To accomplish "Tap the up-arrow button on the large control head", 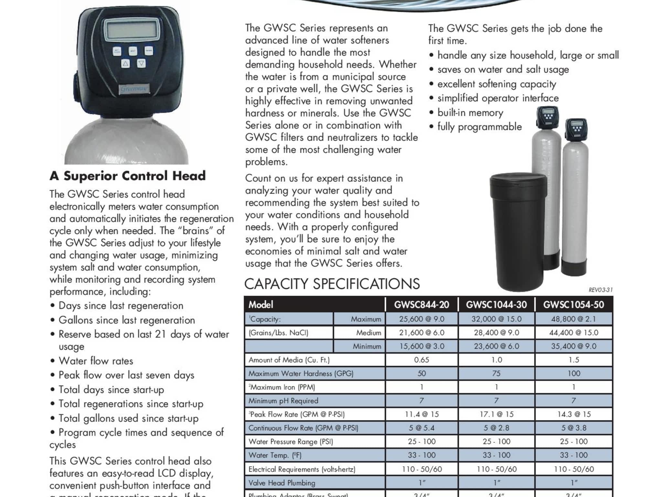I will pos(125,63).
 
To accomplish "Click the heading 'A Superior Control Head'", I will pos(128,176).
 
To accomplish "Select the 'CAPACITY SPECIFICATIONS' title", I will pos(332,284).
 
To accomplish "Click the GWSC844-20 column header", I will pos(422,305).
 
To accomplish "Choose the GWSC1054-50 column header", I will pos(573,305).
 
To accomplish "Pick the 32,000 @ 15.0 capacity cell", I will pos(496,319).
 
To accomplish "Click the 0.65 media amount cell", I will pos(422,360).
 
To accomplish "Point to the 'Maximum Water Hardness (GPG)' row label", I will pos(301,373).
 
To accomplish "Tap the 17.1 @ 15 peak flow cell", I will pos(496,414).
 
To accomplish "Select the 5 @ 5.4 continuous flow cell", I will pos(422,428).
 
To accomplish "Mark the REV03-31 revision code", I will pos(600,290).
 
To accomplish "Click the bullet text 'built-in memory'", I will pos(470,113).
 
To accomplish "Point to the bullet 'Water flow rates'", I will pos(96,361).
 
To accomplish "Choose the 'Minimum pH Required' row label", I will pos(283,401).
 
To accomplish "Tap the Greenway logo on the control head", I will pos(134,89).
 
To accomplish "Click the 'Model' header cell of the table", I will pos(261,305).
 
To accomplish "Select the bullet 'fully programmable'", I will pos(479,127).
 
